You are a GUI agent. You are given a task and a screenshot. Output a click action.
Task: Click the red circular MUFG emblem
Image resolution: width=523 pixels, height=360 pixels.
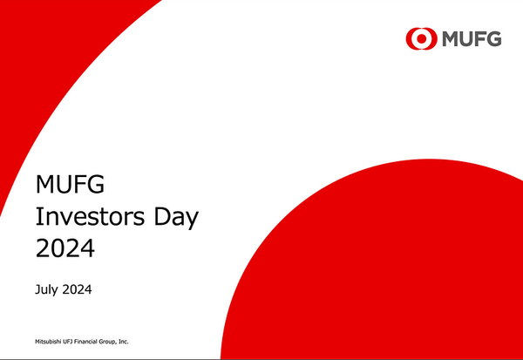pyautogui.click(x=420, y=38)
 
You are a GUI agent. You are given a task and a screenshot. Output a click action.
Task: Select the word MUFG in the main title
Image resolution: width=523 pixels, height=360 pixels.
pyautogui.click(x=65, y=185)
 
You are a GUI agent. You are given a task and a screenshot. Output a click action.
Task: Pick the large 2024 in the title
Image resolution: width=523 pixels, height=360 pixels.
pyautogui.click(x=65, y=249)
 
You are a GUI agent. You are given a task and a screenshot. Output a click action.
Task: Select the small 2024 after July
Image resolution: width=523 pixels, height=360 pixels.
pyautogui.click(x=78, y=289)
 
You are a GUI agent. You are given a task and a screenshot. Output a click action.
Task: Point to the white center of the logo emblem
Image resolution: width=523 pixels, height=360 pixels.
pyautogui.click(x=420, y=38)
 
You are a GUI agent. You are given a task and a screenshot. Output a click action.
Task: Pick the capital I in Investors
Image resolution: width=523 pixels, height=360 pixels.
pyautogui.click(x=37, y=217)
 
